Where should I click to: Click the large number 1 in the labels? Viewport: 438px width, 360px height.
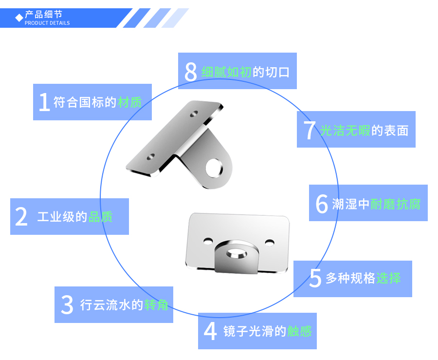44,102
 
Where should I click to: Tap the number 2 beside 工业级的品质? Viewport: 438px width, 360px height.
21,217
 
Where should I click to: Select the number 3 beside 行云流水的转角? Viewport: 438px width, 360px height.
67,305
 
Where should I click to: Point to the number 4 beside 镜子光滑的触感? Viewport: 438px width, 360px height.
210,331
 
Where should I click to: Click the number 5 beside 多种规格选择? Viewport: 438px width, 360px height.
315,278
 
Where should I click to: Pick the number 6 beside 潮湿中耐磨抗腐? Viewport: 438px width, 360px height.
322,204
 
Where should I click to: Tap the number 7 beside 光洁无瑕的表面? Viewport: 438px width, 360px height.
310,130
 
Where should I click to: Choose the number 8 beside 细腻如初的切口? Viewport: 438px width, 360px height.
191,72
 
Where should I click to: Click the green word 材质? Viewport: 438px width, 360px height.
130,102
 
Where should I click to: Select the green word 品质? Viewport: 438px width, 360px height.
101,217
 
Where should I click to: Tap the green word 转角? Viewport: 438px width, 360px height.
156,305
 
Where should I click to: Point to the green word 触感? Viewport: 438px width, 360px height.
299,331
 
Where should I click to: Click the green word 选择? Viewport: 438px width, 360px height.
388,278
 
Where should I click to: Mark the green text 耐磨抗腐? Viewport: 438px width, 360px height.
396,204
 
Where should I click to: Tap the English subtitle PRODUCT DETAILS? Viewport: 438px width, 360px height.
47,23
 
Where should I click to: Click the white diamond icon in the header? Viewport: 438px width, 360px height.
19,18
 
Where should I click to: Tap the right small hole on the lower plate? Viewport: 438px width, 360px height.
269,242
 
